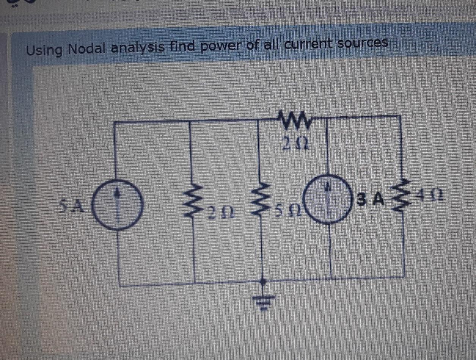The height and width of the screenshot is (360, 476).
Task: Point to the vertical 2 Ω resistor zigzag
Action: point(194,205)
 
